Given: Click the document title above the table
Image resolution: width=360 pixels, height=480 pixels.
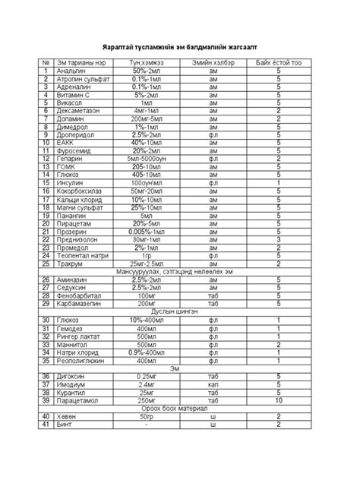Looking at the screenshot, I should coord(180,46).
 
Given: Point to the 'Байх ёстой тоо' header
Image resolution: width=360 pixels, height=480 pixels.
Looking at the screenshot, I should coord(279,62).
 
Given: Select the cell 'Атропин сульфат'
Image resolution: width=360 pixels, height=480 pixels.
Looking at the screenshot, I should coord(81,78).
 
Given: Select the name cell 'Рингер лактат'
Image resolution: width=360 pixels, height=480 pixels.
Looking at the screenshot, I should coord(79,336).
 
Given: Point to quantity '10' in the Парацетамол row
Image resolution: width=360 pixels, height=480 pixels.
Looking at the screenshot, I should coord(279,400).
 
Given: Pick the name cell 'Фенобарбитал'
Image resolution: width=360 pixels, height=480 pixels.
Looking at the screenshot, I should coord(79,295).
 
